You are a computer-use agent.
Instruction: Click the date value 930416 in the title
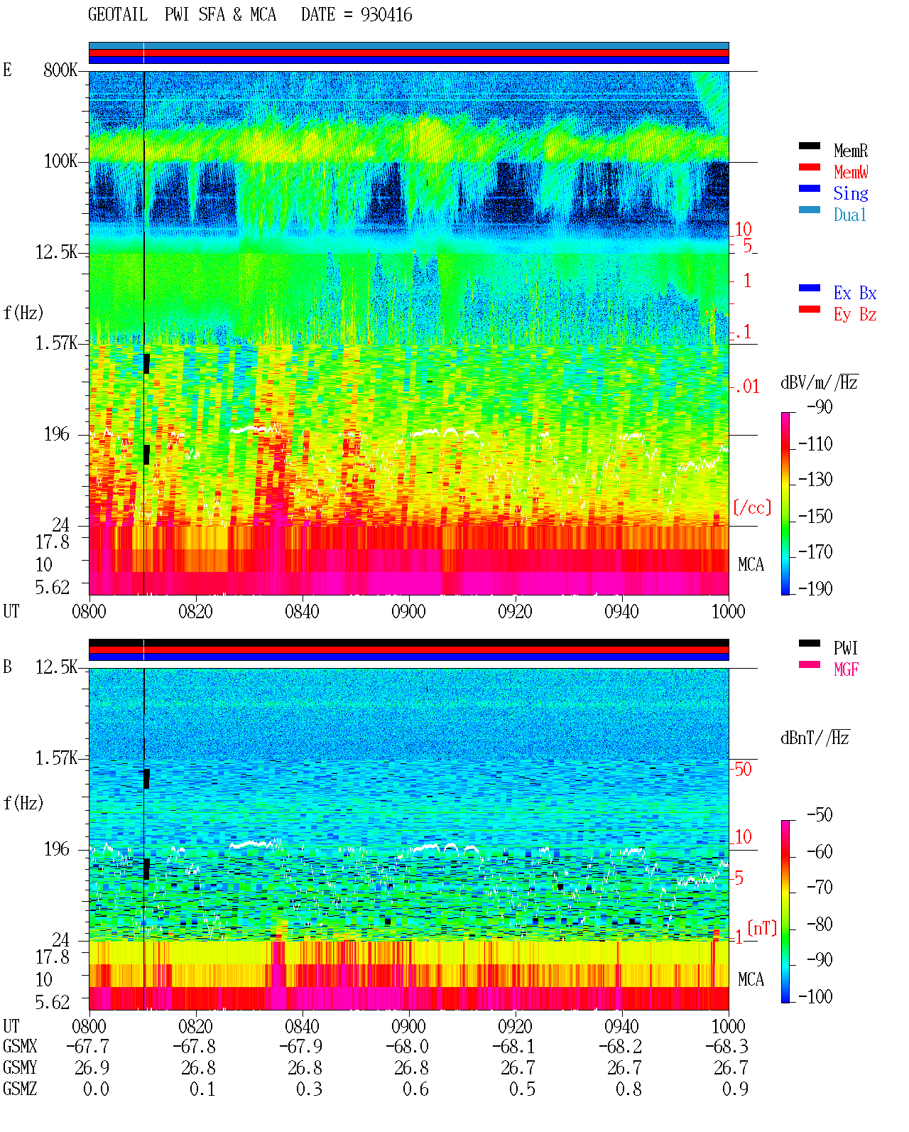tap(386, 15)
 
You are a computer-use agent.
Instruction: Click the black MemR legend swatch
tap(809, 146)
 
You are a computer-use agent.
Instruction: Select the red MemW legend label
tap(851, 172)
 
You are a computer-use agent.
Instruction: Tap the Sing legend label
tap(850, 193)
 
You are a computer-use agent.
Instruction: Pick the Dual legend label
tap(849, 215)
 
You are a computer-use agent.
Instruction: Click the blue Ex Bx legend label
tap(855, 293)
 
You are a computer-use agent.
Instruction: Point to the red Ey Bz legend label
tap(855, 315)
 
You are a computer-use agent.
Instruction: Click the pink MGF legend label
tap(846, 669)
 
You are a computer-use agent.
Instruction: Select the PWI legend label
tap(845, 648)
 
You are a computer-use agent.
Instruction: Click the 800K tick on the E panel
tap(60, 70)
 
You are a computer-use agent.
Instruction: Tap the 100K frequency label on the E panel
tap(60, 161)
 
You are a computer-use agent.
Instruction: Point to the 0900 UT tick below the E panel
tap(408, 612)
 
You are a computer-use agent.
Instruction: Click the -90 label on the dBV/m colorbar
tap(820, 407)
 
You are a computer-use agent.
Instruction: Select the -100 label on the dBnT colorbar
tap(815, 997)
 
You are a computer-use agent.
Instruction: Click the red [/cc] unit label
tap(752, 507)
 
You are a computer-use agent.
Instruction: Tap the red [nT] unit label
tap(762, 929)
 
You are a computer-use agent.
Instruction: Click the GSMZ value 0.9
tap(735, 1089)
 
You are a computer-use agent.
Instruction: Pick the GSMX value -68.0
tap(407, 1047)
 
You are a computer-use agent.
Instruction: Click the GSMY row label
tap(20, 1068)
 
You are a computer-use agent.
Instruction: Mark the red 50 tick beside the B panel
tap(743, 770)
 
